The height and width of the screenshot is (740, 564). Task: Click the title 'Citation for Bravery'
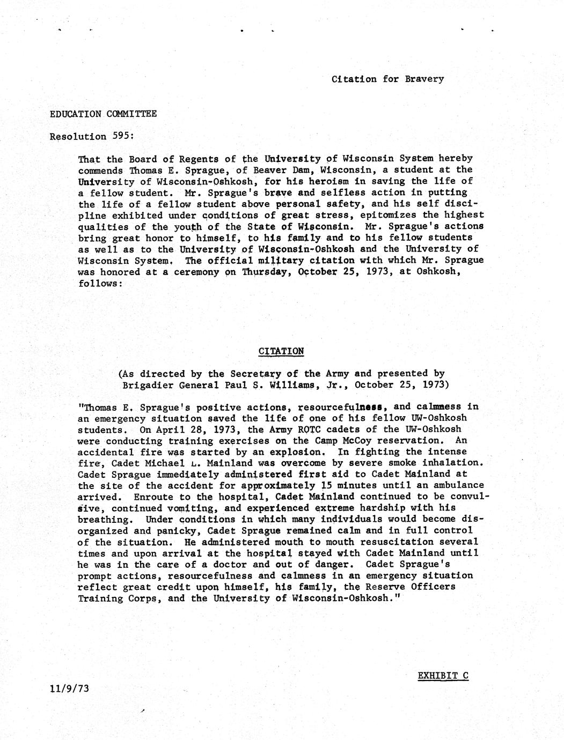pos(387,79)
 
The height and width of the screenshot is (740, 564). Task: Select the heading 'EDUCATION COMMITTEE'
pos(103,114)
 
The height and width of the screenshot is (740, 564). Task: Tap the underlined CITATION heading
pos(281,351)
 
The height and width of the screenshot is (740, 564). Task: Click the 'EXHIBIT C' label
pos(443,675)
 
